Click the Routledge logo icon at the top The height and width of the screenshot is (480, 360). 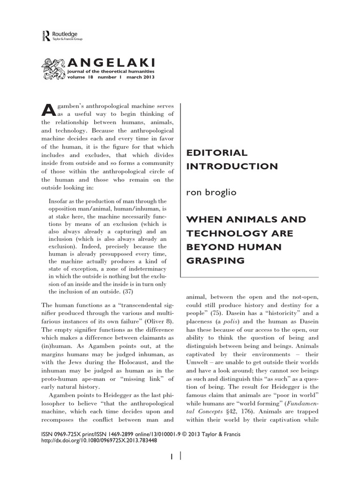point(45,36)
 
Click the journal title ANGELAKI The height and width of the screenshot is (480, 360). point(111,62)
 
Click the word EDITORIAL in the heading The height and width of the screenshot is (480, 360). point(217,153)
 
